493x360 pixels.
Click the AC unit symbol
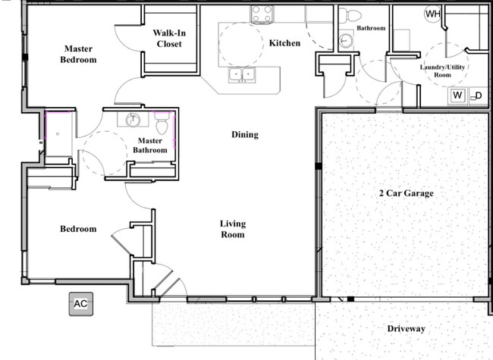81,304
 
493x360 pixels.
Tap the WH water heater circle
433,14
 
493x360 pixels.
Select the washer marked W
458,95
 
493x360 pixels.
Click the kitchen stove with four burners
262,14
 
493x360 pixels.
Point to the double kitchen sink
242,75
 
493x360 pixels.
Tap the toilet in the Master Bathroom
162,123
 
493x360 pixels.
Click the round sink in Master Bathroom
133,120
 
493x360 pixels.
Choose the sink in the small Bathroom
346,40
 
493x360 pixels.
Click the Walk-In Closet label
169,39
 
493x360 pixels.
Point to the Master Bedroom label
78,54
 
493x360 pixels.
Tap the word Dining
245,135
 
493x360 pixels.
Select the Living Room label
233,229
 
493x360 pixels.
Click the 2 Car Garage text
407,193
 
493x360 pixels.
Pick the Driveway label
407,329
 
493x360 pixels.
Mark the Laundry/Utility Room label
442,70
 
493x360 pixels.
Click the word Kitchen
284,43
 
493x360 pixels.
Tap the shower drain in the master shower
58,134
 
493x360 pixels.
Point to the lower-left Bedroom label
78,229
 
